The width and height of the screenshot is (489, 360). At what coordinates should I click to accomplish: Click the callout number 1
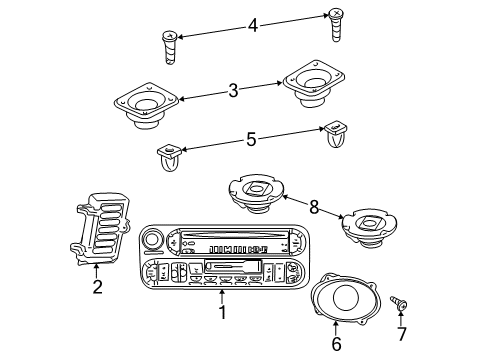[x=222, y=312]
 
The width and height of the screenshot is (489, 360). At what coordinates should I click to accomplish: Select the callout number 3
[x=232, y=91]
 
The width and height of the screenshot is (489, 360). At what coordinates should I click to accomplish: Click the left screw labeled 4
[x=169, y=47]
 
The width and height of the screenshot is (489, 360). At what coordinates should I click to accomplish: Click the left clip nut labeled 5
[x=170, y=157]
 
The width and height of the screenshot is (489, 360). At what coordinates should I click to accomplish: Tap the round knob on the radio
[x=154, y=239]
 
